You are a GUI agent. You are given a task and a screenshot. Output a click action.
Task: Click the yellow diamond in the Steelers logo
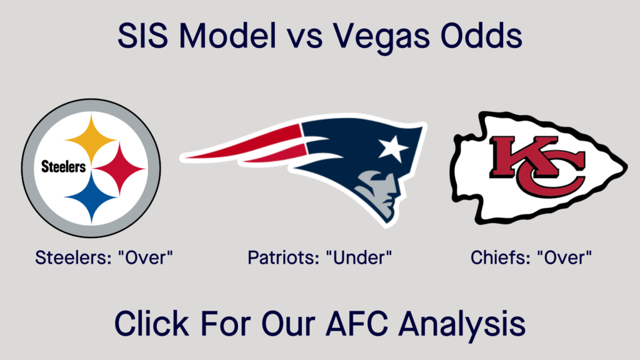(91, 138)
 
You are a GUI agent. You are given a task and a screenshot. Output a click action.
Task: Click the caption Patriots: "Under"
(320, 257)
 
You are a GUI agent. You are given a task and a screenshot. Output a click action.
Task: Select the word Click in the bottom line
(149, 324)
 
